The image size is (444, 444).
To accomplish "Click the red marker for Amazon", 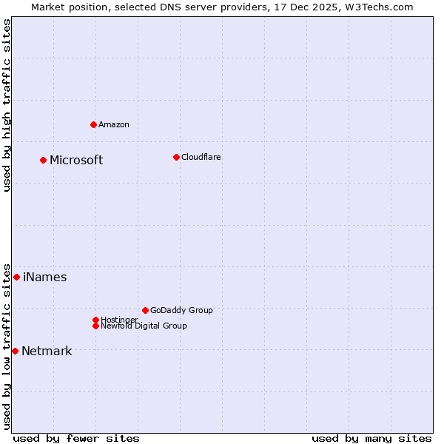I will (x=93, y=124).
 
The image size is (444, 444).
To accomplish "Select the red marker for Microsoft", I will (x=43, y=160).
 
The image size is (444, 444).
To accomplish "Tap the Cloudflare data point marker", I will (x=176, y=157).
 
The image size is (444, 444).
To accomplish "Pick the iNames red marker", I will (x=16, y=277).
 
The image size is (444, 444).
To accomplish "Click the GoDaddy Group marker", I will (x=145, y=310).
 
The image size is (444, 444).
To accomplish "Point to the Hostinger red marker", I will (x=95, y=320).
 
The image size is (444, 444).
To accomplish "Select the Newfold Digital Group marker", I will (x=95, y=326).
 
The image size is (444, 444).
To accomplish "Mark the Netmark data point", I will (x=15, y=351).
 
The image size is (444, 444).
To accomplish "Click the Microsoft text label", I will (x=76, y=161).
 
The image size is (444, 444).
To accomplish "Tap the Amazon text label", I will (x=114, y=124).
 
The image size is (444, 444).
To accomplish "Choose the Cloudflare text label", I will (x=201, y=157).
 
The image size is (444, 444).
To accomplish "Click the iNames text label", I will (x=45, y=277).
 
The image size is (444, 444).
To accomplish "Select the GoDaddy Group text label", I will (x=181, y=310).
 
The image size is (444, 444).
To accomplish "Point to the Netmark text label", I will (x=47, y=351).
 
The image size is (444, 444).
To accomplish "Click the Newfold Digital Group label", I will (x=144, y=326).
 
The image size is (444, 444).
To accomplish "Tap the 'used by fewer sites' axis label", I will (x=76, y=438).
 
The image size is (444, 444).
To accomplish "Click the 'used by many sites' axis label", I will (x=371, y=438).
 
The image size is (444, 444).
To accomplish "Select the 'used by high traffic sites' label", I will (x=7, y=105).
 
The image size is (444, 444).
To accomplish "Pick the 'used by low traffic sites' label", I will (x=7, y=346).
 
